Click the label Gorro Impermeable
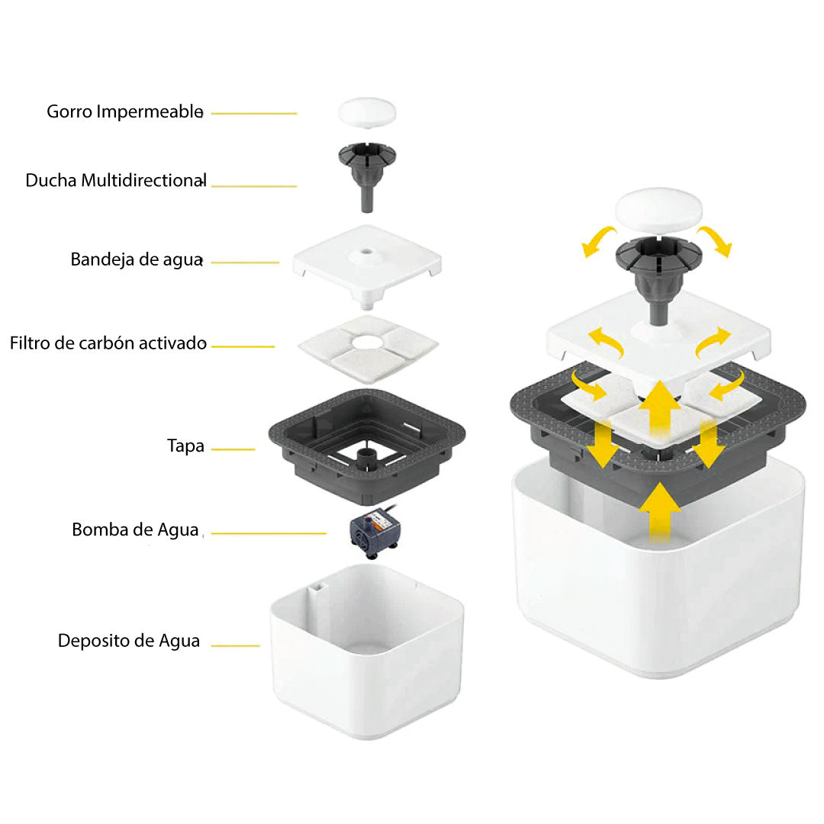pos(125,112)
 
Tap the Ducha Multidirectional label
pos(116,180)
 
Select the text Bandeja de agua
pos(137,259)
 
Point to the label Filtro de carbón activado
pos(108,343)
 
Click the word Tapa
pos(185,446)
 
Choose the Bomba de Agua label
pos(136,529)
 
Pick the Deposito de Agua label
pos(129,641)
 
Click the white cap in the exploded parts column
pos(367,112)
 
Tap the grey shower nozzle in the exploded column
pos(367,176)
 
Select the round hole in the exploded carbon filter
pos(367,343)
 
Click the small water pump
pos(374,532)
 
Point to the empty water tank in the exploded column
pos(367,652)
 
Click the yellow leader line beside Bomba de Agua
pos(269,533)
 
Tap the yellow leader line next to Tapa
pos(233,449)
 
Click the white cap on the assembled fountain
pos(658,209)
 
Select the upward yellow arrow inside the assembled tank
pos(660,513)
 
